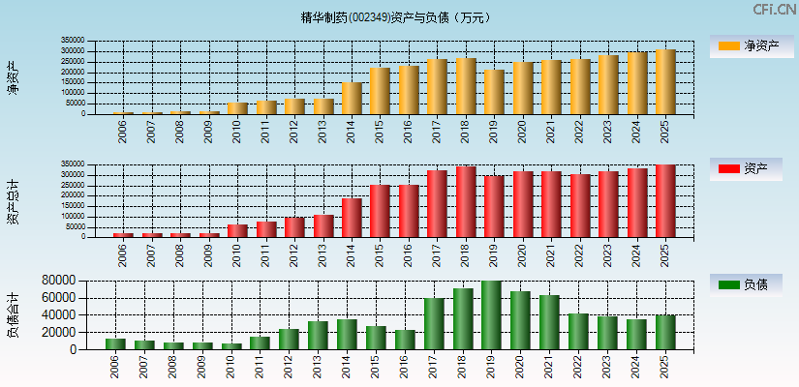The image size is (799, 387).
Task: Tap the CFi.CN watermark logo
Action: pyautogui.click(x=774, y=10)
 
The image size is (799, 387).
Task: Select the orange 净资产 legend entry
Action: pyautogui.click(x=747, y=45)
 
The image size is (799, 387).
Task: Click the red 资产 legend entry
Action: pyautogui.click(x=747, y=169)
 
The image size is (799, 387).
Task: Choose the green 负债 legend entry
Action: pyautogui.click(x=747, y=284)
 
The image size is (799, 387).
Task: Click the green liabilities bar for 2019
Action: pyautogui.click(x=491, y=315)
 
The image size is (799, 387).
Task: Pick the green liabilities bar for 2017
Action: pyautogui.click(x=434, y=324)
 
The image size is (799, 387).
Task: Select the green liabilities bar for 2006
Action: pyautogui.click(x=115, y=343)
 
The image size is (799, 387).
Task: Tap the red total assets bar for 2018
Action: pyautogui.click(x=466, y=202)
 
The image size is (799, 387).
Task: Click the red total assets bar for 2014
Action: pyautogui.click(x=352, y=218)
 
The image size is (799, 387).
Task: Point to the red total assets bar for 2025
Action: pyautogui.click(x=665, y=201)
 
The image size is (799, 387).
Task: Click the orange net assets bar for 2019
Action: pyautogui.click(x=494, y=92)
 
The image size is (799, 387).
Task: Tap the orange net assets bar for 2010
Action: pyautogui.click(x=237, y=108)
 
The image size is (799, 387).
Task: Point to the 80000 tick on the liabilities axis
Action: pyautogui.click(x=61, y=281)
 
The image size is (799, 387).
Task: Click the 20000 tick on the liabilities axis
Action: pyautogui.click(x=61, y=332)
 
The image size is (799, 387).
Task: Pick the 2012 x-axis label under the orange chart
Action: pyautogui.click(x=294, y=131)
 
